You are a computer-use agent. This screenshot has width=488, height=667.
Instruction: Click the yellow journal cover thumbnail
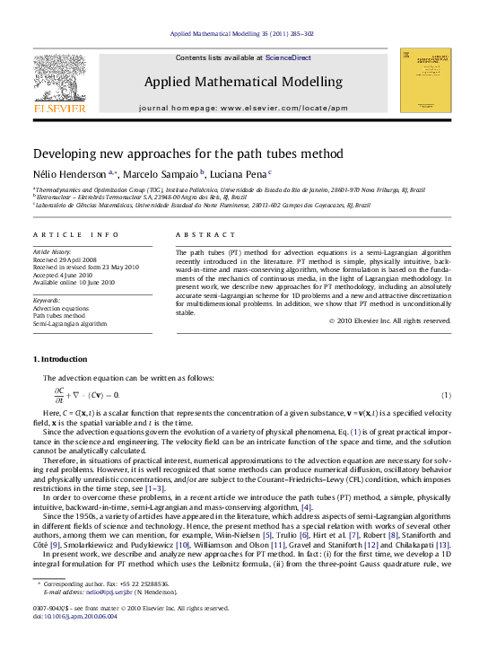pyautogui.click(x=425, y=80)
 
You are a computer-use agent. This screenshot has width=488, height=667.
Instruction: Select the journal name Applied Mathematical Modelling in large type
pyautogui.click(x=243, y=82)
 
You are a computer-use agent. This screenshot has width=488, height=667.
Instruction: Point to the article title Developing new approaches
pyautogui.click(x=188, y=154)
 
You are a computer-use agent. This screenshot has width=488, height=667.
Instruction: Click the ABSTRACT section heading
pyautogui.click(x=199, y=234)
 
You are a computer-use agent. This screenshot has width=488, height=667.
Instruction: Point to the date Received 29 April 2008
pyautogui.click(x=70, y=260)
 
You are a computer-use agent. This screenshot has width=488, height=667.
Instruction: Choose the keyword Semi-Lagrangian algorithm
pyautogui.click(x=70, y=323)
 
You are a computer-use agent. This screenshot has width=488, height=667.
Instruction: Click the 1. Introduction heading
pyautogui.click(x=60, y=360)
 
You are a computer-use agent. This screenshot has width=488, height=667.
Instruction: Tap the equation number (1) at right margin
pyautogui.click(x=445, y=395)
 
